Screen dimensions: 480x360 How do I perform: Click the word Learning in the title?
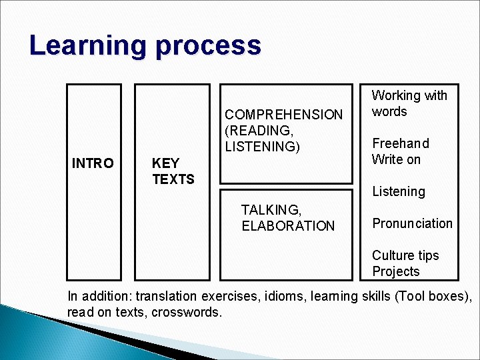click(87, 46)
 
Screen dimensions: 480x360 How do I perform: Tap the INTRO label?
click(93, 163)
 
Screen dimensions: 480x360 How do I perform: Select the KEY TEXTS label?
click(173, 171)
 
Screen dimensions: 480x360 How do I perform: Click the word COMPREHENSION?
click(283, 115)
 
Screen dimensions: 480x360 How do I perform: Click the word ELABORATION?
click(288, 226)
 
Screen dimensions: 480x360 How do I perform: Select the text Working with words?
click(409, 103)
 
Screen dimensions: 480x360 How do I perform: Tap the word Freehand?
click(401, 143)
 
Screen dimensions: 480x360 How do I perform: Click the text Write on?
click(396, 159)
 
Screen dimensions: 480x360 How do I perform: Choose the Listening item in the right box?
click(398, 191)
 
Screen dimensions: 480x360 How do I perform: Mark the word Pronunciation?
click(412, 223)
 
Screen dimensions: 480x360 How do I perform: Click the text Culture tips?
click(405, 255)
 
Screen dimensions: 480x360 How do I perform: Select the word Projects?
click(396, 271)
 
